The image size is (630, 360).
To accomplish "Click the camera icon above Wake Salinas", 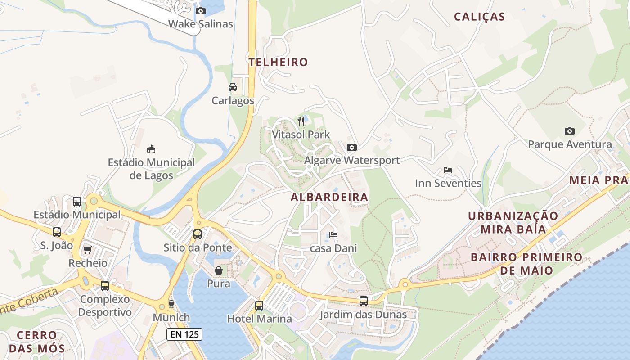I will click(x=201, y=11).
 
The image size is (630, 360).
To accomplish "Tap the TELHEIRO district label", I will click(x=279, y=62).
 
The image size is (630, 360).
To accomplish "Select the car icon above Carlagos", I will click(x=233, y=87).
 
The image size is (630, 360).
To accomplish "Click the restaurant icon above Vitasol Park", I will click(x=301, y=121).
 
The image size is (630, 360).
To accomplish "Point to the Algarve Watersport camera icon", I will click(x=352, y=147).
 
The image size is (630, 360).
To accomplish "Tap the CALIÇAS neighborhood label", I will click(x=479, y=17).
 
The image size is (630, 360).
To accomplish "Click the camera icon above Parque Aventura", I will click(x=570, y=131).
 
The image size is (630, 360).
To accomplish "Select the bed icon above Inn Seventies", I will click(x=448, y=170).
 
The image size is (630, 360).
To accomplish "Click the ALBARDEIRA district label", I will click(x=329, y=197).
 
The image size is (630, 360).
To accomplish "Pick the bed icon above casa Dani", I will click(x=333, y=234).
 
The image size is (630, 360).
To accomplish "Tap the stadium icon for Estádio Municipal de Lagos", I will click(x=151, y=149).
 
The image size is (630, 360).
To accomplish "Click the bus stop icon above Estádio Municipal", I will click(x=77, y=201).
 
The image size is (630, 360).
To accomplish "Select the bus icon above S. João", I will click(x=57, y=232).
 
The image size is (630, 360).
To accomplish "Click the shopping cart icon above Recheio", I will click(x=87, y=250).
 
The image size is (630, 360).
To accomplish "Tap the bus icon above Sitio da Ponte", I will click(x=198, y=234).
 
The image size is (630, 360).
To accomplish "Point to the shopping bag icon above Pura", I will click(x=219, y=270).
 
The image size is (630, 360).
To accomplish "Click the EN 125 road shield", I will click(x=184, y=334).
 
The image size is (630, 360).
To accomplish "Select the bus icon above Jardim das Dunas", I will click(x=363, y=301).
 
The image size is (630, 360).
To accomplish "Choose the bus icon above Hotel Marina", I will click(x=259, y=305).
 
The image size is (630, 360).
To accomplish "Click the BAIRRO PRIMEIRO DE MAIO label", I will click(x=526, y=264).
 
